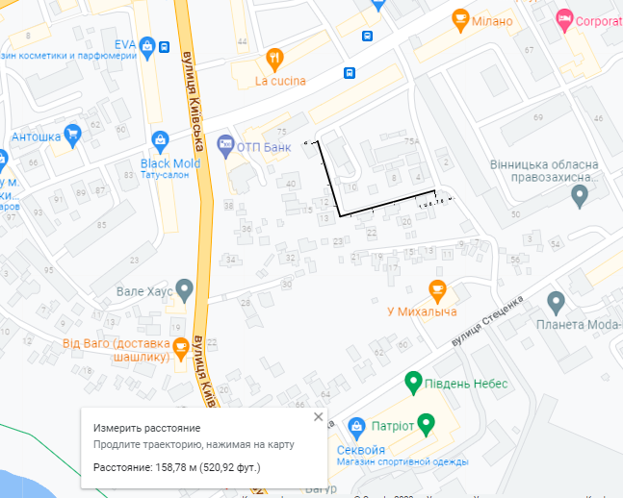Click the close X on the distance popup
[x=319, y=416]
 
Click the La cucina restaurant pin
[x=274, y=57]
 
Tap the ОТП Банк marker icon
[x=225, y=146]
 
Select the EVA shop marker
[x=146, y=44]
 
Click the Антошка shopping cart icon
[x=71, y=135]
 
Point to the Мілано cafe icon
[x=460, y=19]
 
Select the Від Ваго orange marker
[x=179, y=347]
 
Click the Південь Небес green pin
[x=413, y=383]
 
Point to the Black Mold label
[x=170, y=163]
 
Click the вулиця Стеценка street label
[x=487, y=321]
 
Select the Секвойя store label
[x=362, y=449]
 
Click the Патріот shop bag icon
[x=356, y=424]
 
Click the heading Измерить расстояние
[x=146, y=427]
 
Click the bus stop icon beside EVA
[x=165, y=46]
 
